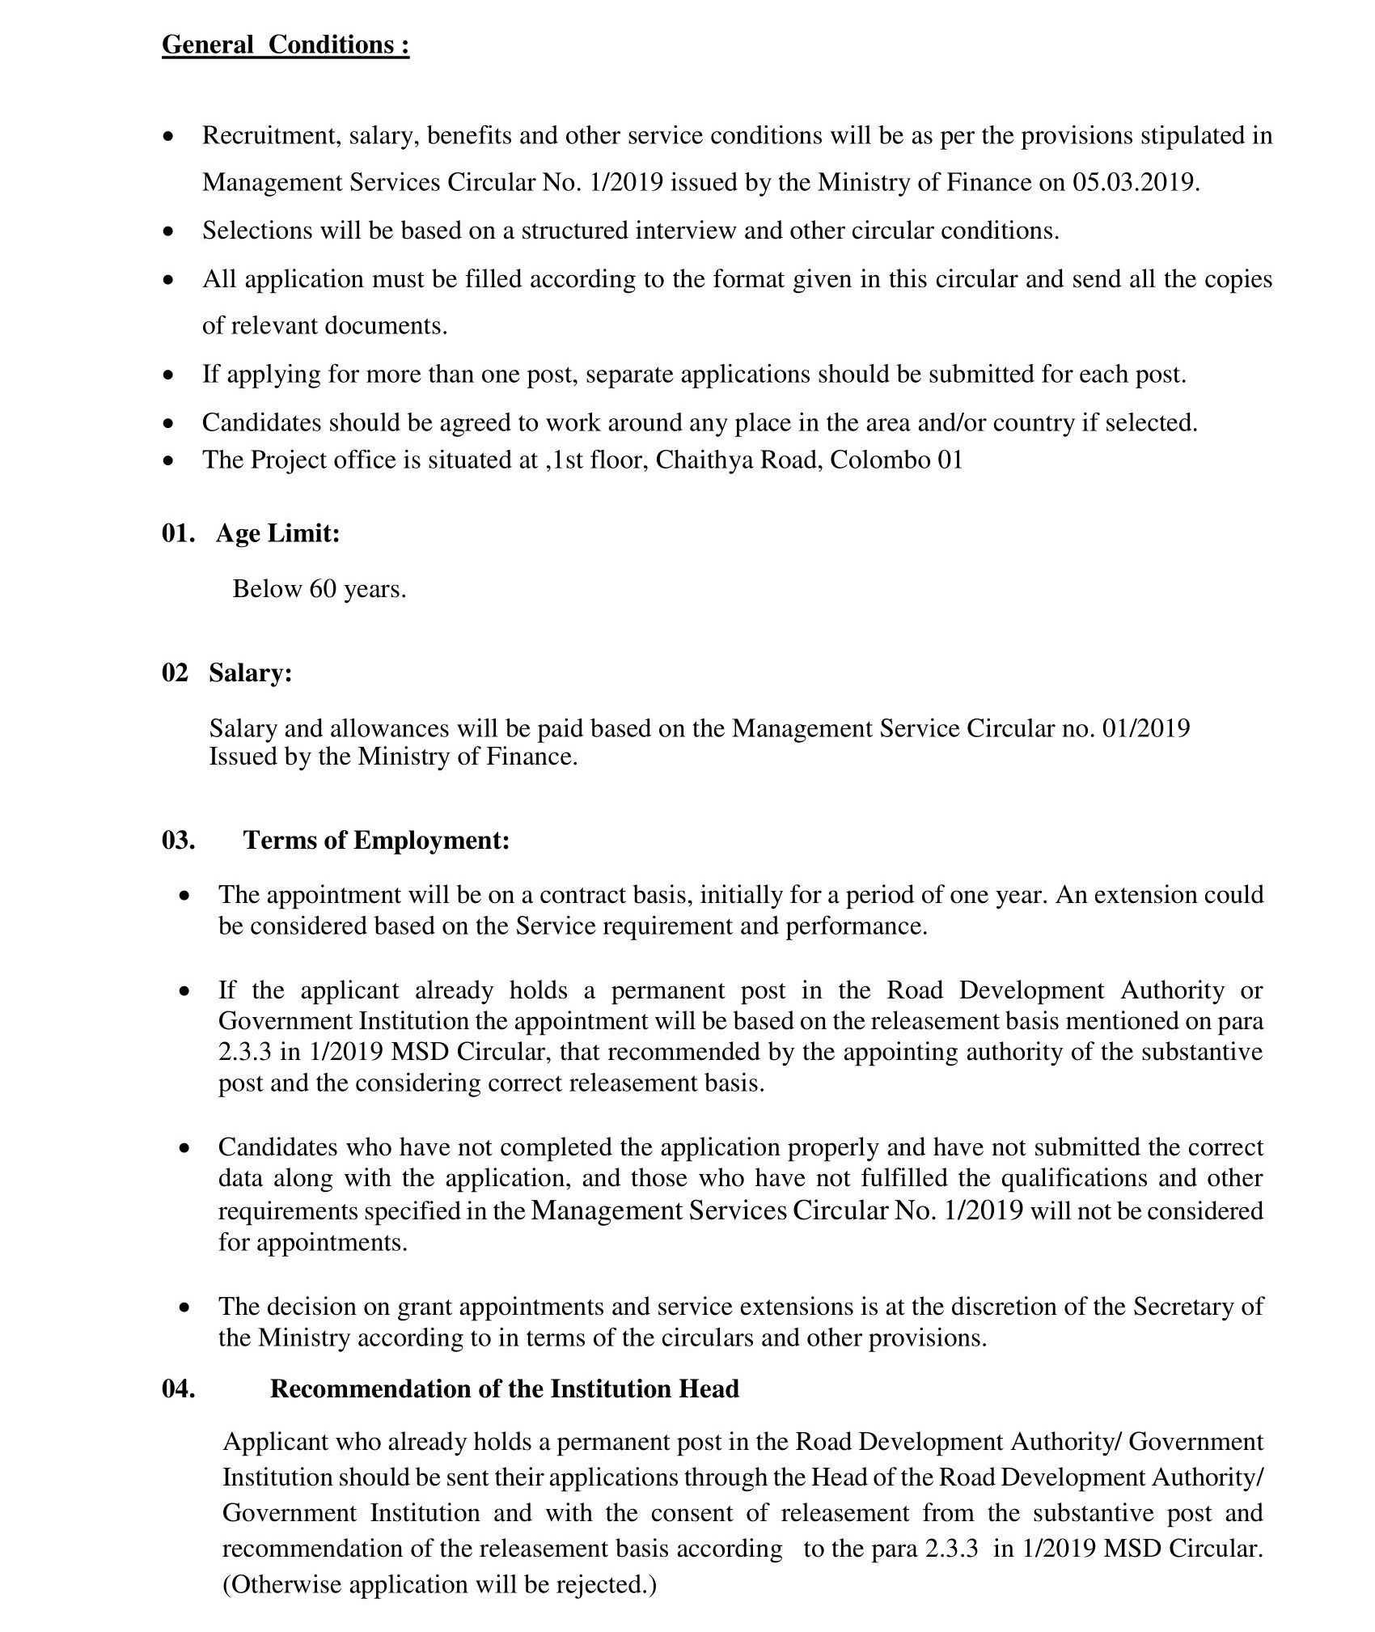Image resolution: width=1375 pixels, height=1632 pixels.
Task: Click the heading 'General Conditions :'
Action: [x=286, y=45]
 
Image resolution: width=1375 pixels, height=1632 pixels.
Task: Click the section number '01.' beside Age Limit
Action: [x=178, y=533]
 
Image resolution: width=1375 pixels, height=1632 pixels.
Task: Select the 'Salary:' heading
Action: [x=250, y=672]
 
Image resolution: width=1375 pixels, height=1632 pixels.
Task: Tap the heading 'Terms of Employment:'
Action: [x=376, y=840]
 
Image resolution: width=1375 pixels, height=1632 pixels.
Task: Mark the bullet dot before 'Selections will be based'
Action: [x=168, y=232]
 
